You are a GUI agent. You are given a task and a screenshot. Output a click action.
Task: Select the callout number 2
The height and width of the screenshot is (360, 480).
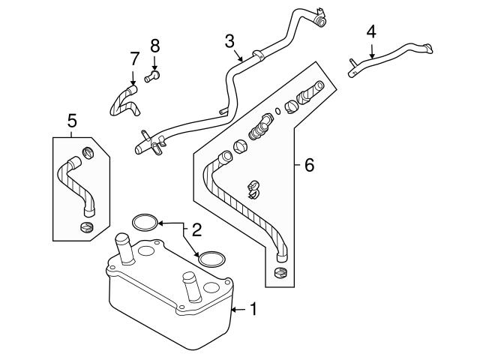(x=196, y=228)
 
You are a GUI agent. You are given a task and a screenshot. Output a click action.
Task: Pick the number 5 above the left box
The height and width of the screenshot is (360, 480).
(x=72, y=120)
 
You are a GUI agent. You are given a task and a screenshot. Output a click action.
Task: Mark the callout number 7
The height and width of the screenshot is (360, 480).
(x=134, y=58)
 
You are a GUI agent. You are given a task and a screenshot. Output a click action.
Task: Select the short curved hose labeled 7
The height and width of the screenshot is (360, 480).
(x=123, y=101)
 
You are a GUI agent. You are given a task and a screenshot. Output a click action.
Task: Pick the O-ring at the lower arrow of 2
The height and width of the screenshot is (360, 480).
(x=211, y=258)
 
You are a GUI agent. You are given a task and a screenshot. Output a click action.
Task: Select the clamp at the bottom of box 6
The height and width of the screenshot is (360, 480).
(x=282, y=272)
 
